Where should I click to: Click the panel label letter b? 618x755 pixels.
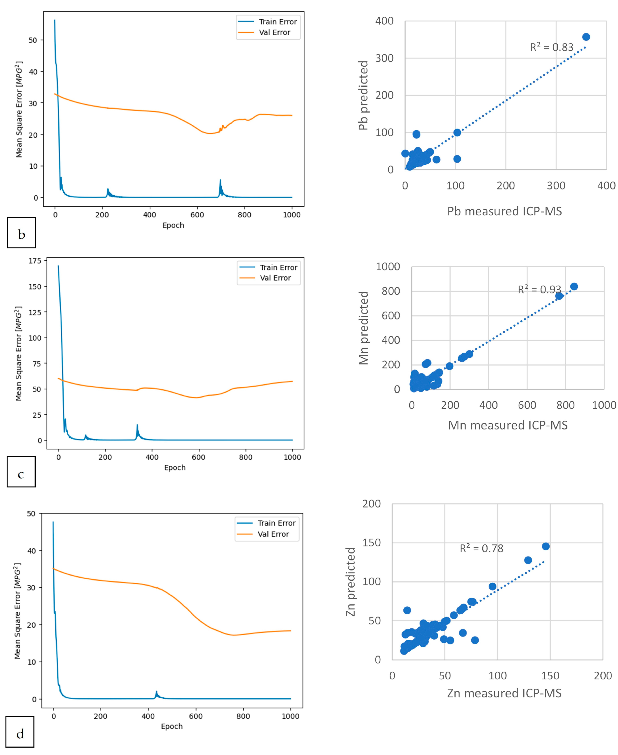[x=21, y=235]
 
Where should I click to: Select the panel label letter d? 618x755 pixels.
[x=20, y=734]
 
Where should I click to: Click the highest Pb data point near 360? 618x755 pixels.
[x=586, y=37]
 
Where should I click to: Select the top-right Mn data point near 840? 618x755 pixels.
[x=574, y=287]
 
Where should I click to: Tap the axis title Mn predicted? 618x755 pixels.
[x=363, y=328]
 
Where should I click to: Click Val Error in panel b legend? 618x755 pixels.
[x=274, y=32]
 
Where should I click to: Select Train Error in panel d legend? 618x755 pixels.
[x=277, y=523]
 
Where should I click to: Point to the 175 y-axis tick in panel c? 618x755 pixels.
[x=35, y=261]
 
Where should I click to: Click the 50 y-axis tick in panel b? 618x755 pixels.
[x=33, y=40]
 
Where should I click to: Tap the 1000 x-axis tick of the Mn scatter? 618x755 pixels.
[x=604, y=405]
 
